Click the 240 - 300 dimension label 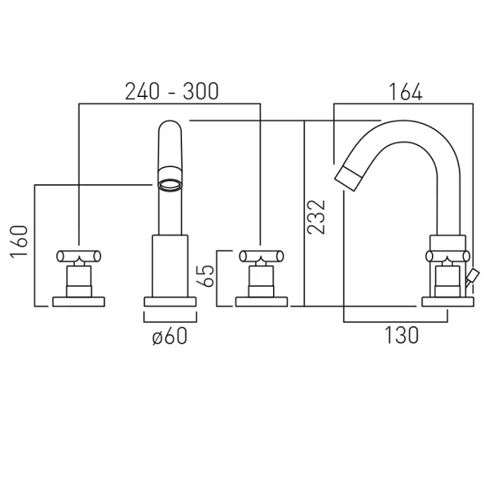point(172,91)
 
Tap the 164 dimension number point(405,92)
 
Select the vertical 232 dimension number point(316,217)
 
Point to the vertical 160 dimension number point(19,241)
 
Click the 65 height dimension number point(206,275)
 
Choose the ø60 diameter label point(170,336)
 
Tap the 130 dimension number point(402,335)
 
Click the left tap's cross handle point(78,256)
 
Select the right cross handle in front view point(262,256)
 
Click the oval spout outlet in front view point(170,186)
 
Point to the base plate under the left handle point(78,302)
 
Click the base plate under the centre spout point(170,302)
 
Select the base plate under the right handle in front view point(262,302)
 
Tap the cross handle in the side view point(447,256)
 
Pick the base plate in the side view point(447,302)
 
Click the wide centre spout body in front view point(170,266)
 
